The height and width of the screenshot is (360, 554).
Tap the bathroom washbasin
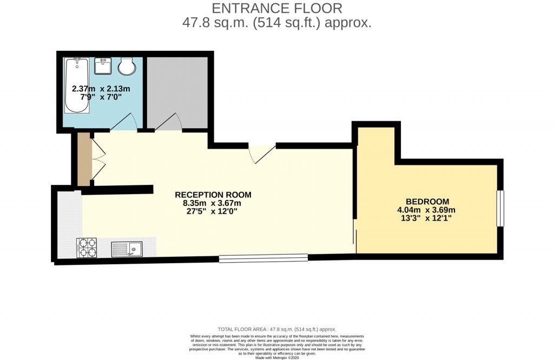[x=103, y=66]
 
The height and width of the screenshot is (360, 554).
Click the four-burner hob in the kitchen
[x=87, y=248]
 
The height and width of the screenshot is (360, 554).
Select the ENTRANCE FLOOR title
[x=276, y=8]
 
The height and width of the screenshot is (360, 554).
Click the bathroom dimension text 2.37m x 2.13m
[x=101, y=88]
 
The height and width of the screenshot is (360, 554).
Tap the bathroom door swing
[x=124, y=123]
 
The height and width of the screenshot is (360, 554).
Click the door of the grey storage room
[x=169, y=123]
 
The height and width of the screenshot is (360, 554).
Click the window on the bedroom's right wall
[x=500, y=208]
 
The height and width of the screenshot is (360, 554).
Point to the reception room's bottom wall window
[x=263, y=258]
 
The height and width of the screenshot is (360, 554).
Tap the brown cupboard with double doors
[x=84, y=159]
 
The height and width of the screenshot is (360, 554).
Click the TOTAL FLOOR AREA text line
[x=276, y=329]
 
